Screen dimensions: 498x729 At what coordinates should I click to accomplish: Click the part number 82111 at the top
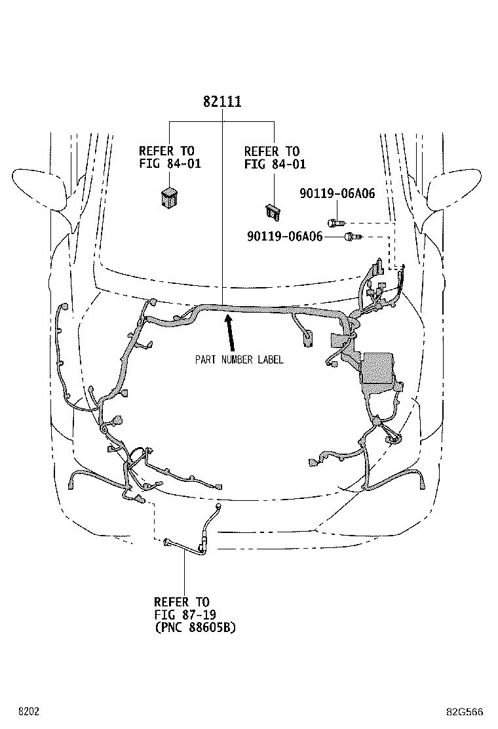click(x=222, y=102)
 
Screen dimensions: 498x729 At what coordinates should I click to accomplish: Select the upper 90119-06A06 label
click(x=337, y=193)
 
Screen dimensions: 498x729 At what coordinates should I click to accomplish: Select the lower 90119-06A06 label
click(x=285, y=236)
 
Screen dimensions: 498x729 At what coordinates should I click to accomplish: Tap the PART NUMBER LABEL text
click(x=239, y=359)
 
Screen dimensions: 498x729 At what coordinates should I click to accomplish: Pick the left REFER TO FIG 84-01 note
click(x=170, y=157)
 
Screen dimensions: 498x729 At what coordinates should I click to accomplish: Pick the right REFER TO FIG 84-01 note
click(x=275, y=157)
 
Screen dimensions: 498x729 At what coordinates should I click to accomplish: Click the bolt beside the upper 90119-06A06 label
click(x=336, y=223)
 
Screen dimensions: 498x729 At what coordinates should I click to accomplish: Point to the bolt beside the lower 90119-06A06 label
click(x=353, y=237)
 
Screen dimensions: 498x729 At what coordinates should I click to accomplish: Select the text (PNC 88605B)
click(x=195, y=627)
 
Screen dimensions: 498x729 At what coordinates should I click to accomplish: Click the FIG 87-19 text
click(x=185, y=615)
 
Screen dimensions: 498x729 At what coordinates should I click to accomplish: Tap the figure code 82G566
click(x=465, y=711)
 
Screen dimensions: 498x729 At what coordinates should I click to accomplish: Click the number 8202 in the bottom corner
click(x=29, y=711)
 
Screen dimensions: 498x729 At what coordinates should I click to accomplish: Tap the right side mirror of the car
click(x=455, y=189)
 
